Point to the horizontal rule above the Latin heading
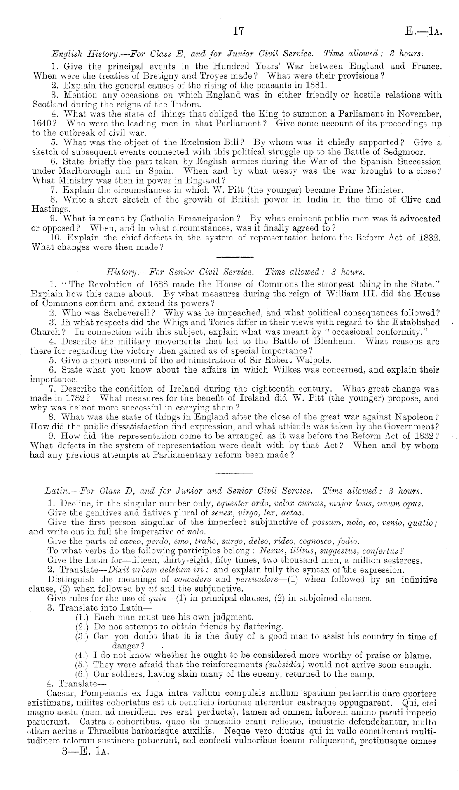(x=234, y=472)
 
